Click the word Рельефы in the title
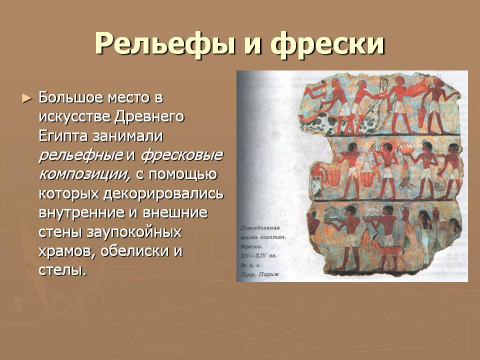(x=163, y=45)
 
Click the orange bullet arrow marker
(x=27, y=99)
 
